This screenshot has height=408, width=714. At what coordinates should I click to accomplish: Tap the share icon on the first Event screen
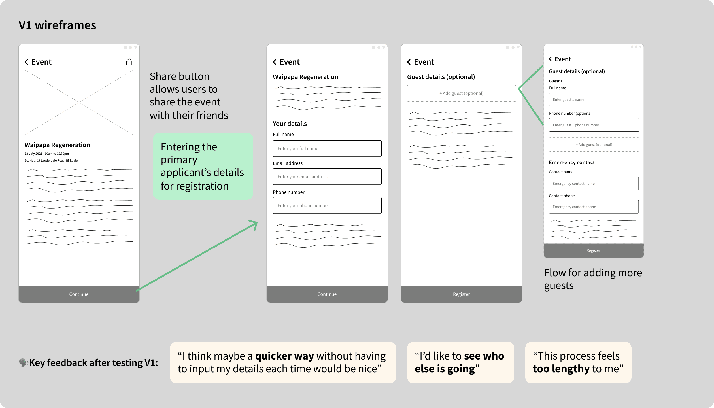point(129,62)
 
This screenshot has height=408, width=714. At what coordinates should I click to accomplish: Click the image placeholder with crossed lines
point(79,102)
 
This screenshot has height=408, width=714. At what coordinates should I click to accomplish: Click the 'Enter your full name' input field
point(327,148)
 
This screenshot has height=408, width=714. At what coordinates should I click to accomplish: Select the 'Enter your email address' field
point(327,177)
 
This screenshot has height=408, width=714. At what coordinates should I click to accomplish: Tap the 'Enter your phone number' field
point(327,205)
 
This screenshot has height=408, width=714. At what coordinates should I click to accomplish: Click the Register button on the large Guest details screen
point(461,294)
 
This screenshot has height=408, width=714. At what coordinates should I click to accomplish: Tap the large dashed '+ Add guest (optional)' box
point(461,93)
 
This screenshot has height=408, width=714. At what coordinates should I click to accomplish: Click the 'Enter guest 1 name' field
point(594,99)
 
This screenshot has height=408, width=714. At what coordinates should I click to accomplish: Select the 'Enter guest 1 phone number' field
point(594,125)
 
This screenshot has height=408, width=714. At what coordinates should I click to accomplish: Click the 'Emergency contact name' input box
point(594,184)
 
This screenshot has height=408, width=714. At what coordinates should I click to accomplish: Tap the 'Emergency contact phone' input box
point(594,207)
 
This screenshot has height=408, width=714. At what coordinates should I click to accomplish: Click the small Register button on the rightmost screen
point(594,250)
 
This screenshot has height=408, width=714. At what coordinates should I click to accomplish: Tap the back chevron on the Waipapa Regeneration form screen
point(275,62)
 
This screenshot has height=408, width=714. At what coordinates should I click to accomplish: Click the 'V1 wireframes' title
point(58,25)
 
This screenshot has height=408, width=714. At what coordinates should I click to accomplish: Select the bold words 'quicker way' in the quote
point(284,356)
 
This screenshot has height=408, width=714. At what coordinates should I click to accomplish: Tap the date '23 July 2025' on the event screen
point(33,154)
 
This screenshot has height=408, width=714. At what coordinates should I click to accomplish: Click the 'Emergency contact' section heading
point(572,162)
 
